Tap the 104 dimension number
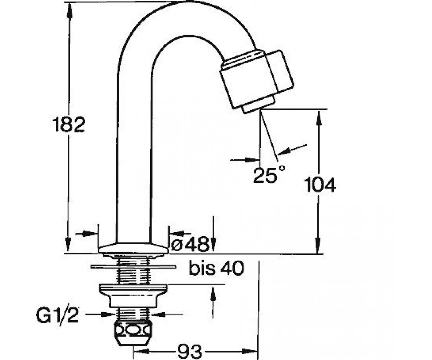[320, 185]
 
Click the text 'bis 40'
[216, 268]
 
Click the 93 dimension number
[189, 351]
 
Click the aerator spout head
[257, 79]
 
